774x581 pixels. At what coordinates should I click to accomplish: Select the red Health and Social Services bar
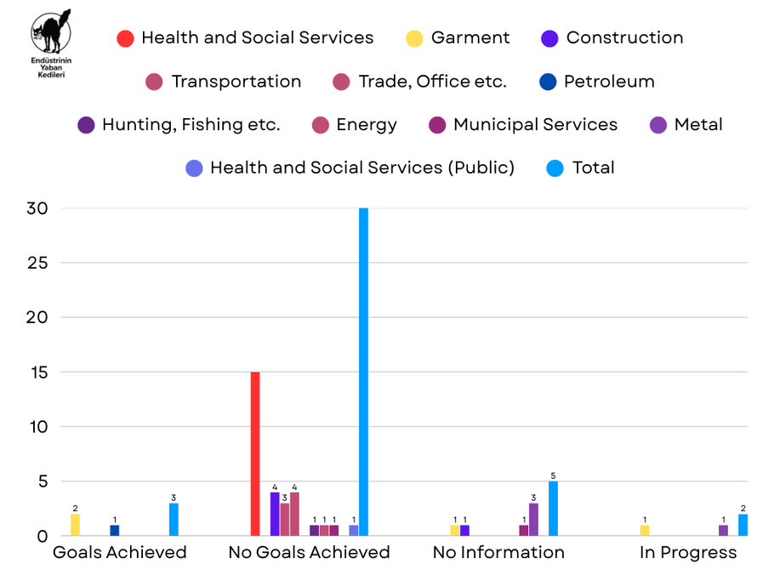click(255, 453)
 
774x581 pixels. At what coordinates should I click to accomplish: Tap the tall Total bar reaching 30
click(364, 372)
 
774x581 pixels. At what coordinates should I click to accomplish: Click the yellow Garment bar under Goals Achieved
click(75, 525)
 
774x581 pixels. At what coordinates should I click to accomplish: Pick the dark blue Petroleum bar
click(115, 530)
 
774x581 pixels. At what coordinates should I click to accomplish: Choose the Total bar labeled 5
click(553, 509)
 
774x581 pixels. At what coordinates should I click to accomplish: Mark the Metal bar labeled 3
click(533, 520)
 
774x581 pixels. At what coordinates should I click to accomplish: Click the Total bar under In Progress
click(743, 525)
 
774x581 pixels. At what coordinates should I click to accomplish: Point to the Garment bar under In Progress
click(644, 530)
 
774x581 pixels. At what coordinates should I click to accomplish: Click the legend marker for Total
click(554, 168)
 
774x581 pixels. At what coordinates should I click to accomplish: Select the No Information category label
click(498, 553)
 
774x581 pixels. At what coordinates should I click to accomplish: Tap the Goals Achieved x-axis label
click(120, 553)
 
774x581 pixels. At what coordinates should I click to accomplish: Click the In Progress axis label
click(688, 553)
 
